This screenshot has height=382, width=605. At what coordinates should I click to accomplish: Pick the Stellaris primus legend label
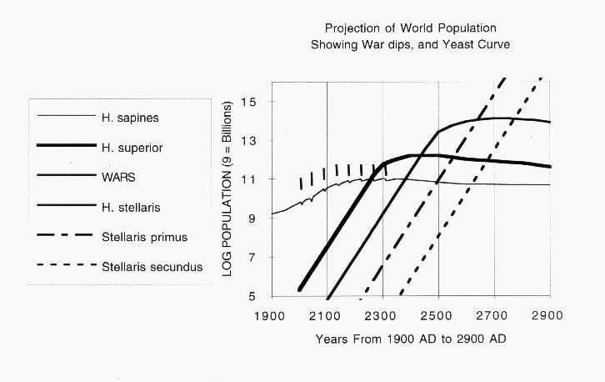click(x=147, y=237)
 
